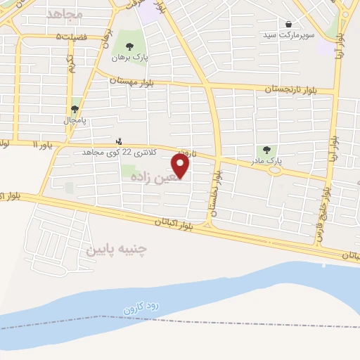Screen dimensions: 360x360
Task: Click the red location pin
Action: (181, 166)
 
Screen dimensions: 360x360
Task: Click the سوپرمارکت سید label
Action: (289, 34)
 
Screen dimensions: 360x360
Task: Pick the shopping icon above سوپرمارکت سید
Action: (288, 24)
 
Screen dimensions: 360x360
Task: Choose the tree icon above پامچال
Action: (75, 109)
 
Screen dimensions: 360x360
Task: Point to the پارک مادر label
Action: (267, 161)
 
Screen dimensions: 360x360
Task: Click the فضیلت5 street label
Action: (73, 37)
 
